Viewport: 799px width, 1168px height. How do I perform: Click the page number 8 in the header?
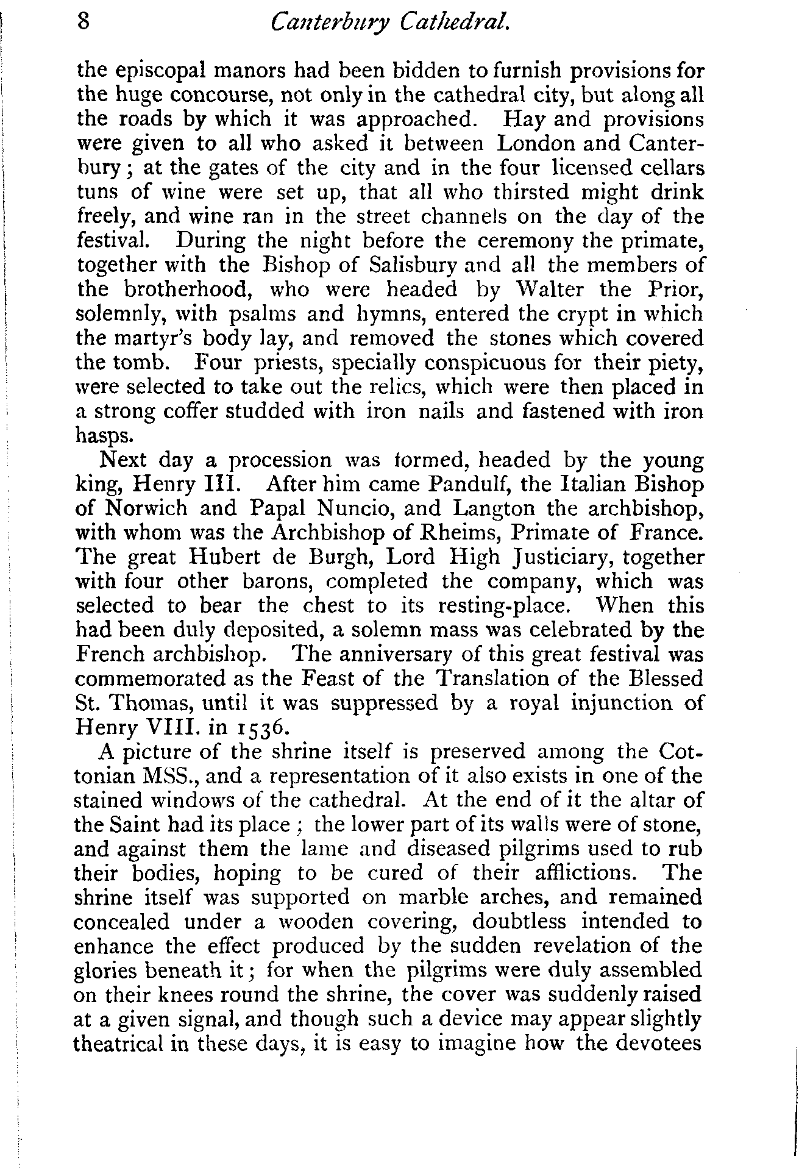coord(84,23)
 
